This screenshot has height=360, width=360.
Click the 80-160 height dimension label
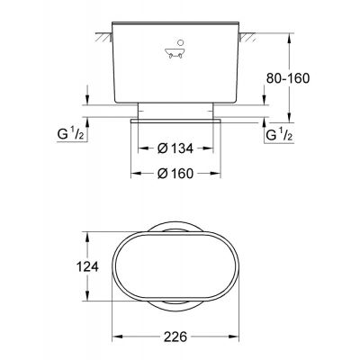click(x=288, y=78)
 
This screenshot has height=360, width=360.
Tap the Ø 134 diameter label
click(x=175, y=148)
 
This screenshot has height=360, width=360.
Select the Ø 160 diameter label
click(x=175, y=174)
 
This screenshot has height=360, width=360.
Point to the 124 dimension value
click(x=87, y=266)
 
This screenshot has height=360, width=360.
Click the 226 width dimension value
click(x=175, y=337)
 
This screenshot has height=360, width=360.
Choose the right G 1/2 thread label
click(x=279, y=134)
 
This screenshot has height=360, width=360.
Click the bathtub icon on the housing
click(x=175, y=53)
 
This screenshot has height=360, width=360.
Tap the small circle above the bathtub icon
click(x=180, y=42)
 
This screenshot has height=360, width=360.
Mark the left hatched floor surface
click(x=103, y=37)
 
